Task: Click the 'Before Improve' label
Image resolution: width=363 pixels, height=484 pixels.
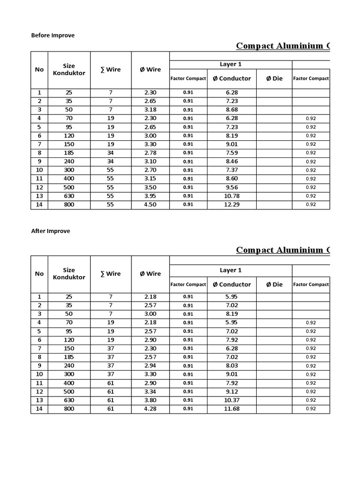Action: click(53, 35)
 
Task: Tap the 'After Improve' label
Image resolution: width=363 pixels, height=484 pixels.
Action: click(51, 231)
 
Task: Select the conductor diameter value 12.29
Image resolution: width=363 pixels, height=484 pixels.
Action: click(232, 205)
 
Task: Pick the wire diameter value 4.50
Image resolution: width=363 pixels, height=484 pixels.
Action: click(150, 205)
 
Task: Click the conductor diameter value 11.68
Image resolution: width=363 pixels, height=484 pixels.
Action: click(232, 409)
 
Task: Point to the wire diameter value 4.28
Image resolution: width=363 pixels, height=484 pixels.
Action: click(150, 409)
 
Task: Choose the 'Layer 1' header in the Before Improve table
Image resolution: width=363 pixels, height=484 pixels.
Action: click(231, 64)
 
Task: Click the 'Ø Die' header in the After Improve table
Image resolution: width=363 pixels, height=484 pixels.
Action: click(274, 285)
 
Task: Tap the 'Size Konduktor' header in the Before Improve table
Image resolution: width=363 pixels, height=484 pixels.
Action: click(69, 69)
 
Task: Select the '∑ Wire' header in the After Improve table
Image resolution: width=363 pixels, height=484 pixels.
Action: click(111, 274)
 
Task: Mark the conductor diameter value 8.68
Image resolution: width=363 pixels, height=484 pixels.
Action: click(232, 110)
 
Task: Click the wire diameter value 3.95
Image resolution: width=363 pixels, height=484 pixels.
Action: click(150, 196)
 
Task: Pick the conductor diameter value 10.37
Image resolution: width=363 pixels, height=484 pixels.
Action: click(232, 400)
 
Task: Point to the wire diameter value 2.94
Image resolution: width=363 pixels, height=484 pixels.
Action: click(150, 366)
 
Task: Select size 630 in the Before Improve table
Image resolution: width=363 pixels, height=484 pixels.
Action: click(69, 196)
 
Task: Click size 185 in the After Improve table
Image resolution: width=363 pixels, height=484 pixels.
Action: click(69, 357)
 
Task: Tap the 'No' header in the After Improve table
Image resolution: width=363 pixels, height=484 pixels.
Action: click(39, 274)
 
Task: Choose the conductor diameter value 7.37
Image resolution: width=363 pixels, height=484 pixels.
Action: click(232, 170)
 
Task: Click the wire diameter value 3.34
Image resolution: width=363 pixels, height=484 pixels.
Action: click(150, 391)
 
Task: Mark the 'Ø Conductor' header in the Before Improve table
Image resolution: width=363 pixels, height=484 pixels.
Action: click(232, 78)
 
